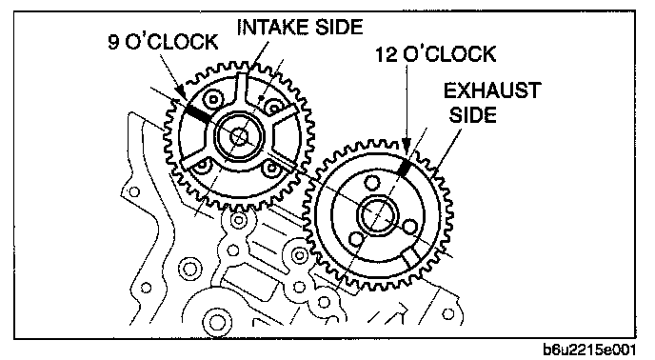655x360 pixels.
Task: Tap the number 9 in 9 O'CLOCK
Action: pyautogui.click(x=113, y=42)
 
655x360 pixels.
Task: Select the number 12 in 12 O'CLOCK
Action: pyautogui.click(x=386, y=54)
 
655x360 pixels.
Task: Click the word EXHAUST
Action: pyautogui.click(x=492, y=90)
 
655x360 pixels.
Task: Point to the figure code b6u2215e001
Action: pyautogui.click(x=589, y=350)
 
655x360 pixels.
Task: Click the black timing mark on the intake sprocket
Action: pyautogui.click(x=198, y=113)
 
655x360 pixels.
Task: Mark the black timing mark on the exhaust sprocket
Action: pyautogui.click(x=404, y=167)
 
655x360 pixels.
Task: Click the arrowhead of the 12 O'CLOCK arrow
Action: pyautogui.click(x=407, y=144)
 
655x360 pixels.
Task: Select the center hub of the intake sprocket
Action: pyautogui.click(x=239, y=136)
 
